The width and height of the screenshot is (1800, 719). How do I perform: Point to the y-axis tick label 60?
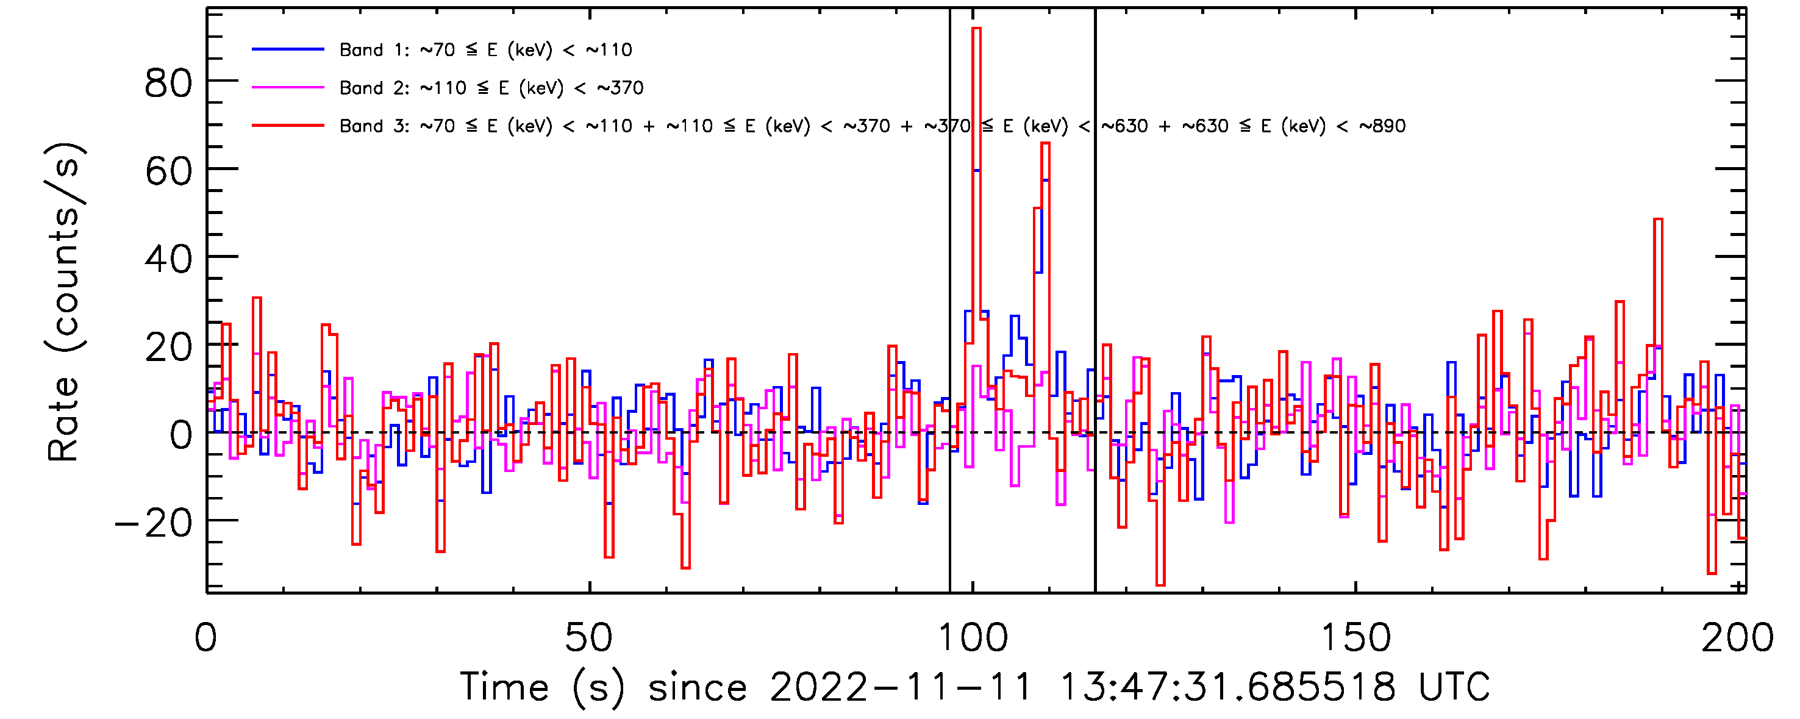pos(168,171)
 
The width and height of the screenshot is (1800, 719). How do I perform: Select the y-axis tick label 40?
pos(168,259)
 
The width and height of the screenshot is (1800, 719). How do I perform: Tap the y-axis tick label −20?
pos(154,523)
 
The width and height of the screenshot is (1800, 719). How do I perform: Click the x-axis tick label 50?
pos(588,637)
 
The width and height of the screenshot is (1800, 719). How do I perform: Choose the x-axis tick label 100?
pos(972,637)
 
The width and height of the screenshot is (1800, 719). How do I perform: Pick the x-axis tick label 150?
pos(1355,637)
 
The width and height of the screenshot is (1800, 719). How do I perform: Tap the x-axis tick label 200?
pos(1737,637)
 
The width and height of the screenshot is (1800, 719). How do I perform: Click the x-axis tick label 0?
pos(206,637)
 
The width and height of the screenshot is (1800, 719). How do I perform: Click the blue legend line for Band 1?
pos(288,49)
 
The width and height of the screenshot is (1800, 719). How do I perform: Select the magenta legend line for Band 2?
pos(288,87)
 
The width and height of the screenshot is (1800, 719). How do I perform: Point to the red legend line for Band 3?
pos(288,126)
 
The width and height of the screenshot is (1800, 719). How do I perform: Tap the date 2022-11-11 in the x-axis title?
pos(900,686)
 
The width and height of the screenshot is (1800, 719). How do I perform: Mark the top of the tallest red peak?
pos(976,29)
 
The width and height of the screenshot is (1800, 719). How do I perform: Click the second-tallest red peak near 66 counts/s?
pos(1045,143)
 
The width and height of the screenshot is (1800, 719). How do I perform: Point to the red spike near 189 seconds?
pos(1657,220)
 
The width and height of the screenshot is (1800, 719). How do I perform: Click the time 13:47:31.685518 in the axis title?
pos(1227,686)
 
